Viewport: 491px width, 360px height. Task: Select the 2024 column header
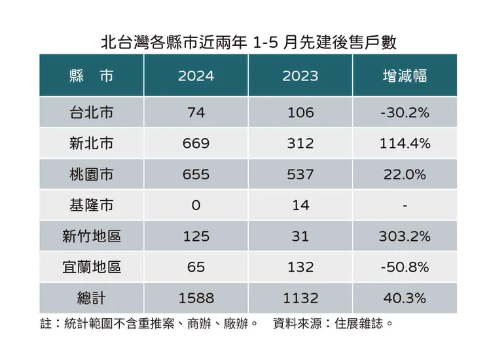coord(196,76)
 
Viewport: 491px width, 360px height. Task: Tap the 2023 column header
coord(300,76)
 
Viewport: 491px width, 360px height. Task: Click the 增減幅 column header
coord(405,76)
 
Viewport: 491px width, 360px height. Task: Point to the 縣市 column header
coord(91,76)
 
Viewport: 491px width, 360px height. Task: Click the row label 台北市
coord(91,113)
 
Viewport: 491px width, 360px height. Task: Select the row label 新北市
coord(91,143)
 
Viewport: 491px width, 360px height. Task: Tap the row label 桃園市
coord(91,175)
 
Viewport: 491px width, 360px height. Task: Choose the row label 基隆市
coord(91,206)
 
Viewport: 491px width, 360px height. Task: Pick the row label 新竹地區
coord(91,236)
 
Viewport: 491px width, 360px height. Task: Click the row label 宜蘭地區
coord(91,267)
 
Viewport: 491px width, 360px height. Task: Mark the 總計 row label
coord(91,298)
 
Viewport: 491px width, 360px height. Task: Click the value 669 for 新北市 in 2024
coord(196,143)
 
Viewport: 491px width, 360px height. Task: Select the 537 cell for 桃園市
coord(300,175)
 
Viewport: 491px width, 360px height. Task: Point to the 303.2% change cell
coord(405,236)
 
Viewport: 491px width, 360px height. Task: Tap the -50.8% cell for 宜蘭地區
coord(405,267)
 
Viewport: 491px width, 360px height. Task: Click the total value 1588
coord(196,298)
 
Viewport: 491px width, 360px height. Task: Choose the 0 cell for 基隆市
coord(196,206)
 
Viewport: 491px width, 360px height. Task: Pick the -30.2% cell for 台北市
coord(405,113)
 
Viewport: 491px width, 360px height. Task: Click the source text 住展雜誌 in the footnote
coord(363,323)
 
